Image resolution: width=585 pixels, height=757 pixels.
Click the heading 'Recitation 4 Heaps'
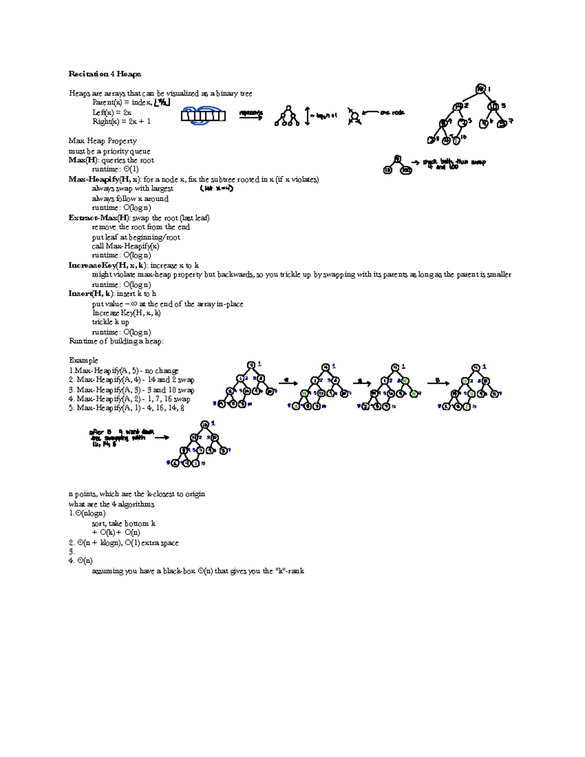pyautogui.click(x=105, y=74)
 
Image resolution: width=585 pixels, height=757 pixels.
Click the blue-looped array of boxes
pyautogui.click(x=203, y=116)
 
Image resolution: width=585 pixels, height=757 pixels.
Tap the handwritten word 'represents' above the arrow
pyautogui.click(x=251, y=113)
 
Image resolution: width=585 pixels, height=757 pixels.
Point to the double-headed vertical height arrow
pyautogui.click(x=307, y=116)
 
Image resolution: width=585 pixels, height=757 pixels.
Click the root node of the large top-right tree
pyautogui.click(x=481, y=89)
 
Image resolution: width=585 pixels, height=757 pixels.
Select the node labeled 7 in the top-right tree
pyautogui.click(x=502, y=123)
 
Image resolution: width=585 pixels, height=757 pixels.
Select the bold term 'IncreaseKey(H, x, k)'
pyautogui.click(x=107, y=266)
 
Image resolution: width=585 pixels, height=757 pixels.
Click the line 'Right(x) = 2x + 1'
pyautogui.click(x=121, y=121)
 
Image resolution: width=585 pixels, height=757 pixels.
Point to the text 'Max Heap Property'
pyautogui.click(x=102, y=141)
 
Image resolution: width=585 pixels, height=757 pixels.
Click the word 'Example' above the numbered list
pyautogui.click(x=83, y=360)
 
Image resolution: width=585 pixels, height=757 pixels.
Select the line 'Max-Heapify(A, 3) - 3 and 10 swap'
pyautogui.click(x=132, y=389)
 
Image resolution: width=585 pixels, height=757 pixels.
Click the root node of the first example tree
pyautogui.click(x=251, y=365)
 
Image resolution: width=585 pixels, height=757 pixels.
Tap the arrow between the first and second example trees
pyautogui.click(x=288, y=383)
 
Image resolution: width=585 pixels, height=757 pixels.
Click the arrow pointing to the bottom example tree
pyautogui.click(x=162, y=437)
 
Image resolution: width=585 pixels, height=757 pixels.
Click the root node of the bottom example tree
pyautogui.click(x=205, y=424)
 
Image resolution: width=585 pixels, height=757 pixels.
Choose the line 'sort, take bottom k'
pyautogui.click(x=124, y=523)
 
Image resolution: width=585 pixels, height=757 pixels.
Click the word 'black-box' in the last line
pyautogui.click(x=179, y=571)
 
